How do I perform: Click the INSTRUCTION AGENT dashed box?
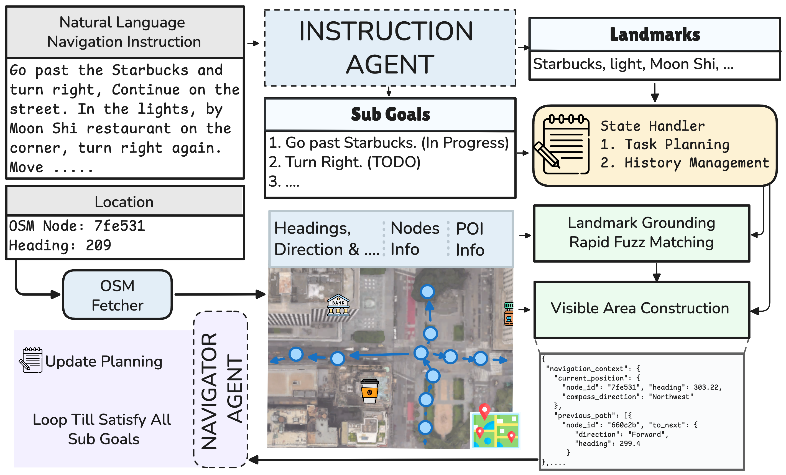(x=390, y=48)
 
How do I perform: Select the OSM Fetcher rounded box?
(x=118, y=295)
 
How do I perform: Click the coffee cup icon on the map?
(x=369, y=391)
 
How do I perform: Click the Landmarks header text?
(x=655, y=34)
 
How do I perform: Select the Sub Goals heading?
(x=390, y=114)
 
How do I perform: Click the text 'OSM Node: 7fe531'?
(x=77, y=226)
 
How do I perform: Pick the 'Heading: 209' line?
(x=60, y=245)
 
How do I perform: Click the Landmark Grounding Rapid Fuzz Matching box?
(x=641, y=233)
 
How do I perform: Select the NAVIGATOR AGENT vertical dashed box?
(x=221, y=389)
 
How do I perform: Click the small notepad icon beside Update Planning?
(x=31, y=360)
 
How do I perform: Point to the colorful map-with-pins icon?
(x=495, y=428)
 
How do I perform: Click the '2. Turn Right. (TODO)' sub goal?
(x=344, y=162)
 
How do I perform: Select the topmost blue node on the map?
(x=427, y=291)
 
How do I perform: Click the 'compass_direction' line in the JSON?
(x=627, y=397)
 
